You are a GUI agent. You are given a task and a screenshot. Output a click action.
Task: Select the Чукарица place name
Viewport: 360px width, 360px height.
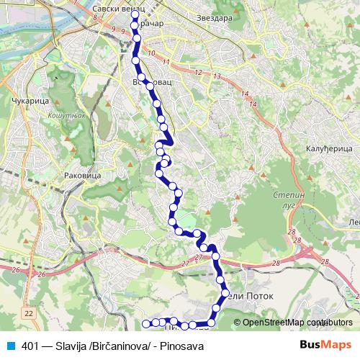coord(30,102)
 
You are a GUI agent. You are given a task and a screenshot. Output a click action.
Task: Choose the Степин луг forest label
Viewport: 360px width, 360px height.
coord(289,200)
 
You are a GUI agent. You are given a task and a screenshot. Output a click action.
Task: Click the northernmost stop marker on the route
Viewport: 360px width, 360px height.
coord(135,14)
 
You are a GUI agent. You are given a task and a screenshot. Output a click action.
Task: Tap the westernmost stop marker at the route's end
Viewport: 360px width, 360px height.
coord(146,323)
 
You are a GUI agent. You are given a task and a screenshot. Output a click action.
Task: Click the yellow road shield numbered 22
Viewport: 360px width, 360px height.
coord(28,313)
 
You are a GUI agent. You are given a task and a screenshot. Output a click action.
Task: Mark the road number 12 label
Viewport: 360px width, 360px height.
coord(197,72)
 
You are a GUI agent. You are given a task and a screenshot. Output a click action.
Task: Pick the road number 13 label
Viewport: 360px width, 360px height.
coord(216,76)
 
